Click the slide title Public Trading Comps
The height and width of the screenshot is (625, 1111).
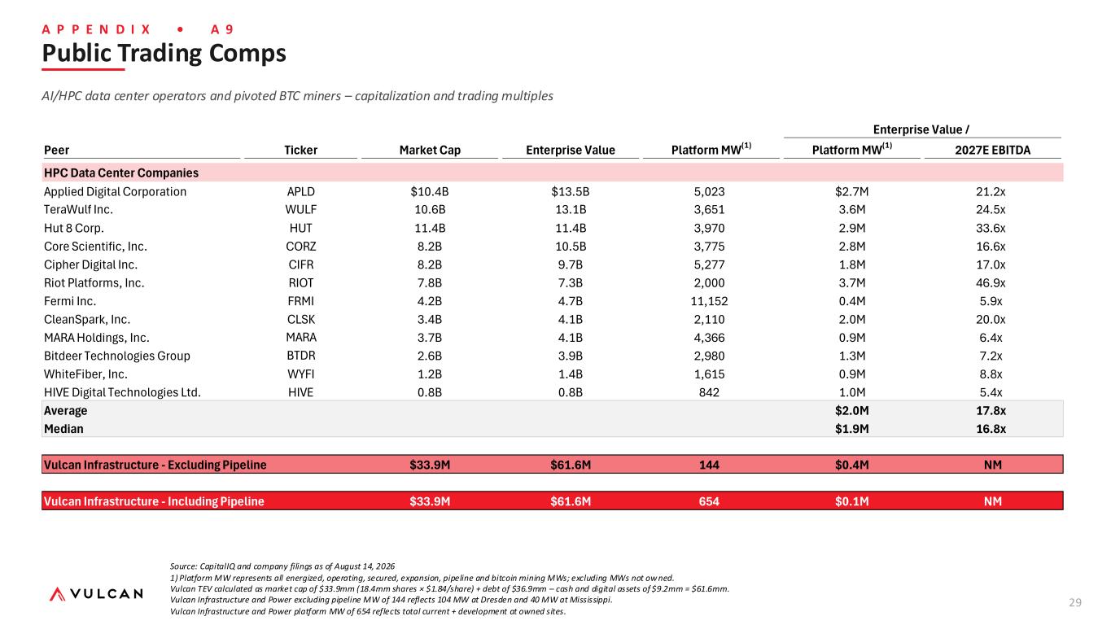[164, 53]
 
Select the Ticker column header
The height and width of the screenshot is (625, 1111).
[300, 150]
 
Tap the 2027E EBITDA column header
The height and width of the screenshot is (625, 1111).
[992, 150]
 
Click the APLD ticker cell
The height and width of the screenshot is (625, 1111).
[300, 191]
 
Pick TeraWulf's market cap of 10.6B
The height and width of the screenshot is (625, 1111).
[430, 209]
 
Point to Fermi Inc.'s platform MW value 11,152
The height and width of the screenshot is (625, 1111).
[709, 301]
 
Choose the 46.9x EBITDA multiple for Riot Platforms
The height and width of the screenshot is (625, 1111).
[991, 282]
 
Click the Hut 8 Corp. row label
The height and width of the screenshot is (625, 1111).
[74, 228]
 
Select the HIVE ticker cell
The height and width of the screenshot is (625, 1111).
[300, 392]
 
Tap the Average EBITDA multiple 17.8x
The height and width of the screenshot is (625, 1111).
[991, 411]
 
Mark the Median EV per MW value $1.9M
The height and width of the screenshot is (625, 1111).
[851, 429]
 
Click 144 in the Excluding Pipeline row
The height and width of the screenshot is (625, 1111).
[709, 465]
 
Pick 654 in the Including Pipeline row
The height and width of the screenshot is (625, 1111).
[709, 501]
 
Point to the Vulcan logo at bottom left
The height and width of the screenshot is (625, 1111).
[96, 594]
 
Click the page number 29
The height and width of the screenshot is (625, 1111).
[1075, 602]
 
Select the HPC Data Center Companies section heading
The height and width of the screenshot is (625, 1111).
[121, 173]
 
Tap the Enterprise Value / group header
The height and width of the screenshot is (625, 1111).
[921, 129]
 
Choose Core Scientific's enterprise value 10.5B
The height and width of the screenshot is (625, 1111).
[571, 247]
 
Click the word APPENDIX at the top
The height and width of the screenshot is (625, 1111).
[96, 29]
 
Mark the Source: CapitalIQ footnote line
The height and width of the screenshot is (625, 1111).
[282, 566]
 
